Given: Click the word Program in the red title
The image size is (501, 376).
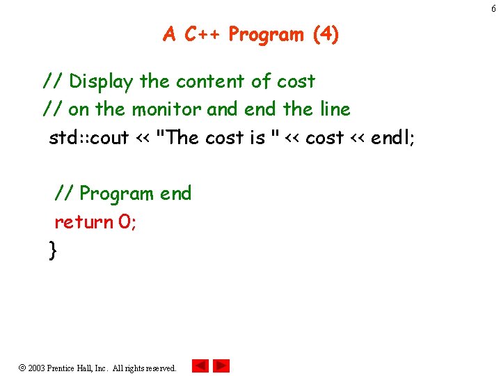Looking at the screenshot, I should (x=267, y=34).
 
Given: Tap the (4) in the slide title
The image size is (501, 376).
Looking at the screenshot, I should (x=326, y=34).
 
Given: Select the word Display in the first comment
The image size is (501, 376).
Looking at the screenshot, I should (x=101, y=81).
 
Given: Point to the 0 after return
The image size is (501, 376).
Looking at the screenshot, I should (x=125, y=222).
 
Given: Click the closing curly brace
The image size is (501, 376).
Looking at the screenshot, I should (x=53, y=249).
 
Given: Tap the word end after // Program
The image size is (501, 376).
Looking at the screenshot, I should (x=175, y=194).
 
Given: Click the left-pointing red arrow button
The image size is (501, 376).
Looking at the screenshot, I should (x=200, y=366).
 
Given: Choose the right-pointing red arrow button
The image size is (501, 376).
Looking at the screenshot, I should (x=221, y=366).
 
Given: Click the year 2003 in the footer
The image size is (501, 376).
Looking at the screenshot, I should (x=36, y=368).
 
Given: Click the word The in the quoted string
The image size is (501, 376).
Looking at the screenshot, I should (x=183, y=138).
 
